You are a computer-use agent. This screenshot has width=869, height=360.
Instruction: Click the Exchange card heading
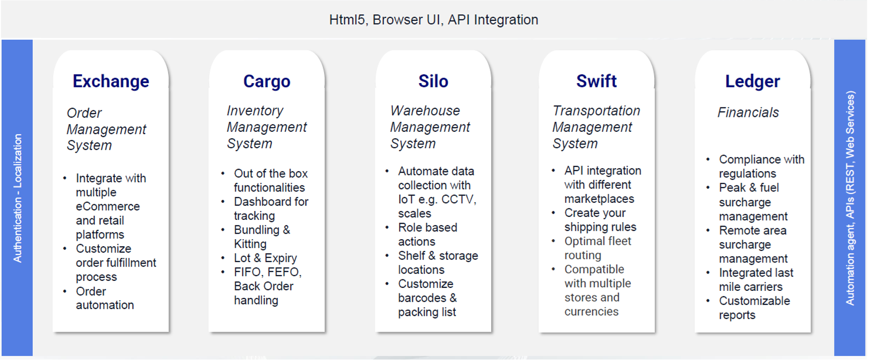pos(111,81)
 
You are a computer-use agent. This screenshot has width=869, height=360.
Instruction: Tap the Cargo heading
pos(267,82)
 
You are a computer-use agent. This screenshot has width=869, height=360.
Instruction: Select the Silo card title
pos(433,81)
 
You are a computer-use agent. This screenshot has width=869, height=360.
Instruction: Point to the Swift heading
pos(597,81)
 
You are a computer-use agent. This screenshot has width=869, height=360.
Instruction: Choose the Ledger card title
pos(753,82)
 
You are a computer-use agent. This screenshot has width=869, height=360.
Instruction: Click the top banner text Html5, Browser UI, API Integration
pos(434,20)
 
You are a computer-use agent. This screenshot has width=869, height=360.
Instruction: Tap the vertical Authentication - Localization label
pos(18,198)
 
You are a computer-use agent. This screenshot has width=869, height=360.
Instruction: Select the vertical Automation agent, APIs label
pos(850,198)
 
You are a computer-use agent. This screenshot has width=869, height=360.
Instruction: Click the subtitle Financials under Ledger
pos(748,112)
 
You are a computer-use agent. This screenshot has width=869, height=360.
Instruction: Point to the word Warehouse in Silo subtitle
pos(425,110)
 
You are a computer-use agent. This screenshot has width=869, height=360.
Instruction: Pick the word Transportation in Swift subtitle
pos(597,110)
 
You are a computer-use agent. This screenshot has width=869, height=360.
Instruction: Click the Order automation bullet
pos(105,298)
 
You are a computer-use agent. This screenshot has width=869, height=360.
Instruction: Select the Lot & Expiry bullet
pos(265,258)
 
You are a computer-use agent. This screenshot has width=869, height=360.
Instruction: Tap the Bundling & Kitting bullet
pos(262,237)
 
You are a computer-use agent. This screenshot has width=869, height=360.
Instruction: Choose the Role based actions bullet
pos(428,234)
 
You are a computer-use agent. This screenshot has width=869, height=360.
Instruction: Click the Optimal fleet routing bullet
pos(598,248)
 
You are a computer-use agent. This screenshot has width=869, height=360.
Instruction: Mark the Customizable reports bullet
pos(754,308)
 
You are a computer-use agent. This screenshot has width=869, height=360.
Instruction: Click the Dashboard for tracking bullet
pos(271,208)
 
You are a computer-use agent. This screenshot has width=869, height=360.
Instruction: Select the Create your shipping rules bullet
pos(600,220)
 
